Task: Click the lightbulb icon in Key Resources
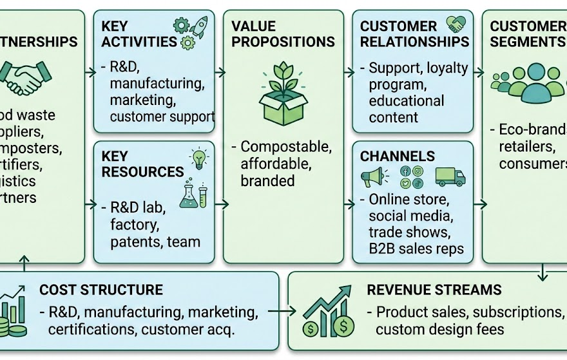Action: (197, 158)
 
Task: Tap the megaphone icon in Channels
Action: (374, 176)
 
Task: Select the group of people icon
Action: (527, 83)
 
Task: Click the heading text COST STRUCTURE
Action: (101, 290)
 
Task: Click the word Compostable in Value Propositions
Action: (285, 147)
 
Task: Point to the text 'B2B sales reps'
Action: (416, 249)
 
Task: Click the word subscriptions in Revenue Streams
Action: (519, 312)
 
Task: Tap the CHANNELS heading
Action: (397, 156)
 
